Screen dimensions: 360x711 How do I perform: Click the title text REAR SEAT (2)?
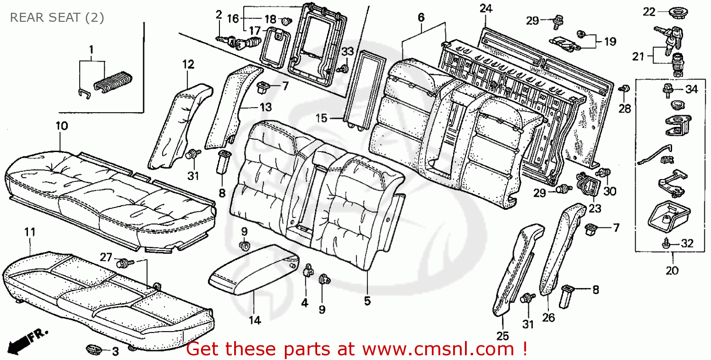pyautogui.click(x=57, y=18)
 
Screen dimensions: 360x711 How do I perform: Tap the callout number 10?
pyautogui.click(x=61, y=126)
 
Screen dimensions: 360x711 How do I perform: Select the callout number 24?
pyautogui.click(x=485, y=9)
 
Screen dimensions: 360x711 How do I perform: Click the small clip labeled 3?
pyautogui.click(x=93, y=350)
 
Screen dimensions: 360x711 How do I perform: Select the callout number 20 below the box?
pyautogui.click(x=672, y=270)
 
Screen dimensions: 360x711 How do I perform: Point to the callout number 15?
pyautogui.click(x=321, y=117)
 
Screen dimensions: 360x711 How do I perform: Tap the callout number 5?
pyautogui.click(x=367, y=300)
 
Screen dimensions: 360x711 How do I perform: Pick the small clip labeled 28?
pyautogui.click(x=625, y=89)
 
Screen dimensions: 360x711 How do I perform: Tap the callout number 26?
pyautogui.click(x=548, y=318)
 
